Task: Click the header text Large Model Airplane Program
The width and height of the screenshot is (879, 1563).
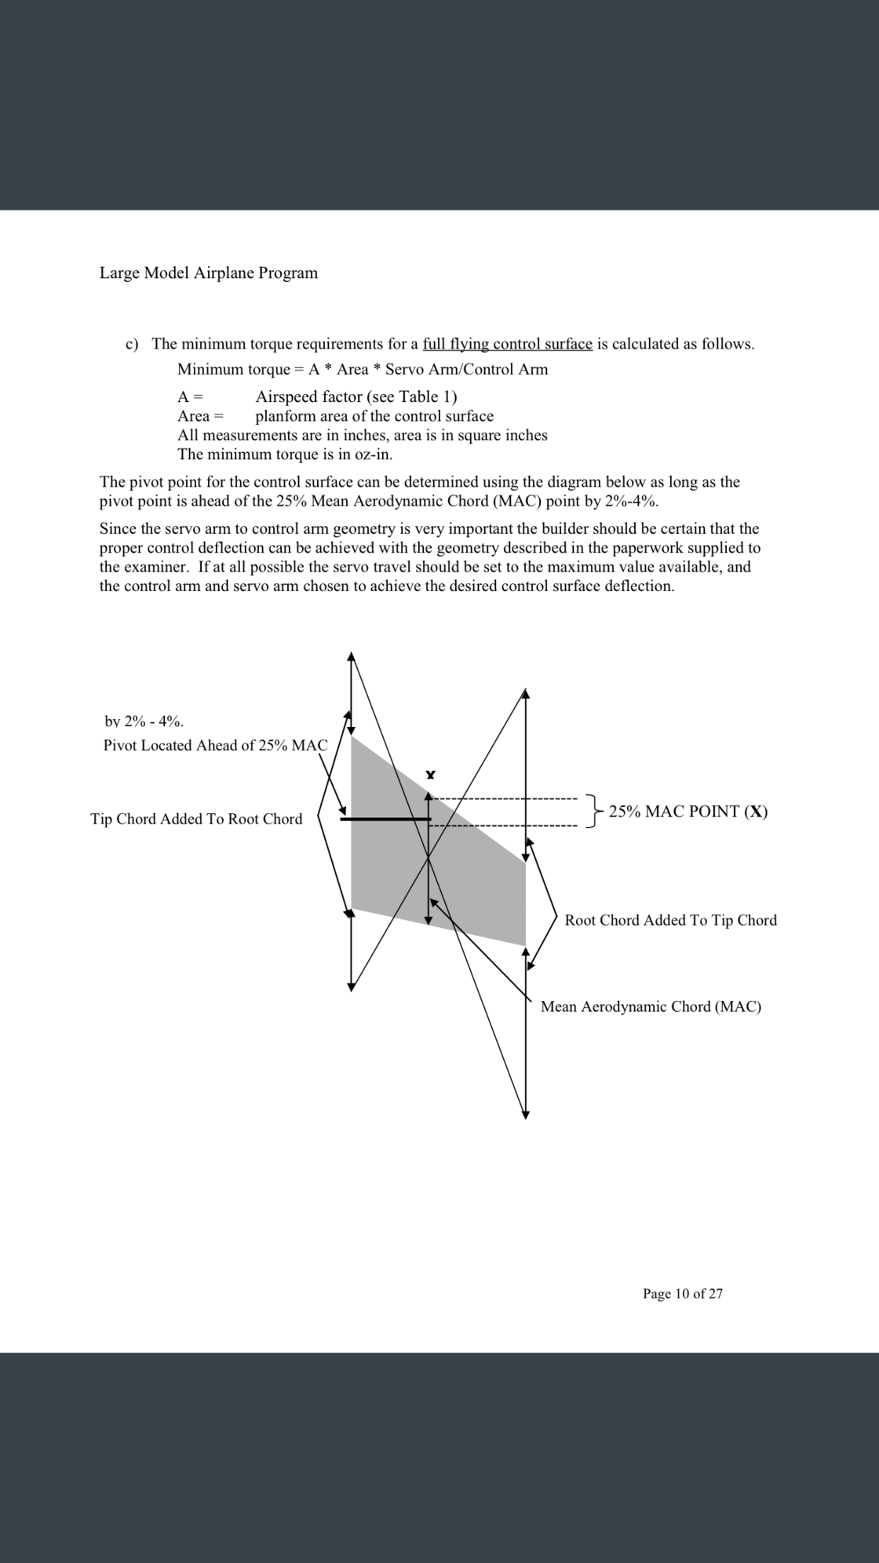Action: tap(208, 273)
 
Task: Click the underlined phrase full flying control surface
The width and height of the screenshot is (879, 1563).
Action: tap(507, 344)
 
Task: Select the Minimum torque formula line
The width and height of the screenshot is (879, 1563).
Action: tap(363, 369)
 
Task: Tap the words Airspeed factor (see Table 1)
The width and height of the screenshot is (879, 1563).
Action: tap(356, 396)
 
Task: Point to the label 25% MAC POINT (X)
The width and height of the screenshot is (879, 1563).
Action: tap(688, 812)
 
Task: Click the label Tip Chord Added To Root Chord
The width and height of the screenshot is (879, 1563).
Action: tap(196, 819)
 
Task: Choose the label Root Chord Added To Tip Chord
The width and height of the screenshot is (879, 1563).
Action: tap(670, 920)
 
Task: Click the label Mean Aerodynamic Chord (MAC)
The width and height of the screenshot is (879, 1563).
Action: tap(651, 1006)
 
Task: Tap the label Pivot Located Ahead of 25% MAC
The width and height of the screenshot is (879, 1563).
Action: tap(215, 745)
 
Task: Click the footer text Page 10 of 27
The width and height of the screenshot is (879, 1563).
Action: tap(682, 1294)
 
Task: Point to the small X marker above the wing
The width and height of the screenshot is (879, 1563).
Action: tap(429, 775)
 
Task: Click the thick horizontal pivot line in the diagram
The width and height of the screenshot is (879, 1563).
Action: tap(385, 819)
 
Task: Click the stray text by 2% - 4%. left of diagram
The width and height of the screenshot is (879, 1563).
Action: tap(144, 721)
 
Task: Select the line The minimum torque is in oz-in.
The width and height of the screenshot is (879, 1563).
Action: tap(285, 454)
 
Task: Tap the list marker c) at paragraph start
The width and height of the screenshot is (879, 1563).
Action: tap(133, 344)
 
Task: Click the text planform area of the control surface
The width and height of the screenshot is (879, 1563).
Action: tap(374, 416)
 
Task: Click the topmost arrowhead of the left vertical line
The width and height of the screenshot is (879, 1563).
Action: tap(352, 656)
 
